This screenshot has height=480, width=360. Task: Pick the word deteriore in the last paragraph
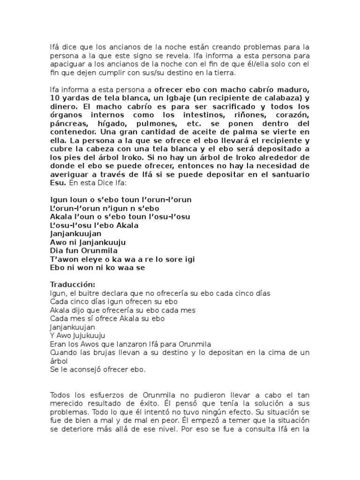(82, 429)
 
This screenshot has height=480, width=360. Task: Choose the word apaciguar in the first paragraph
(67, 64)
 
